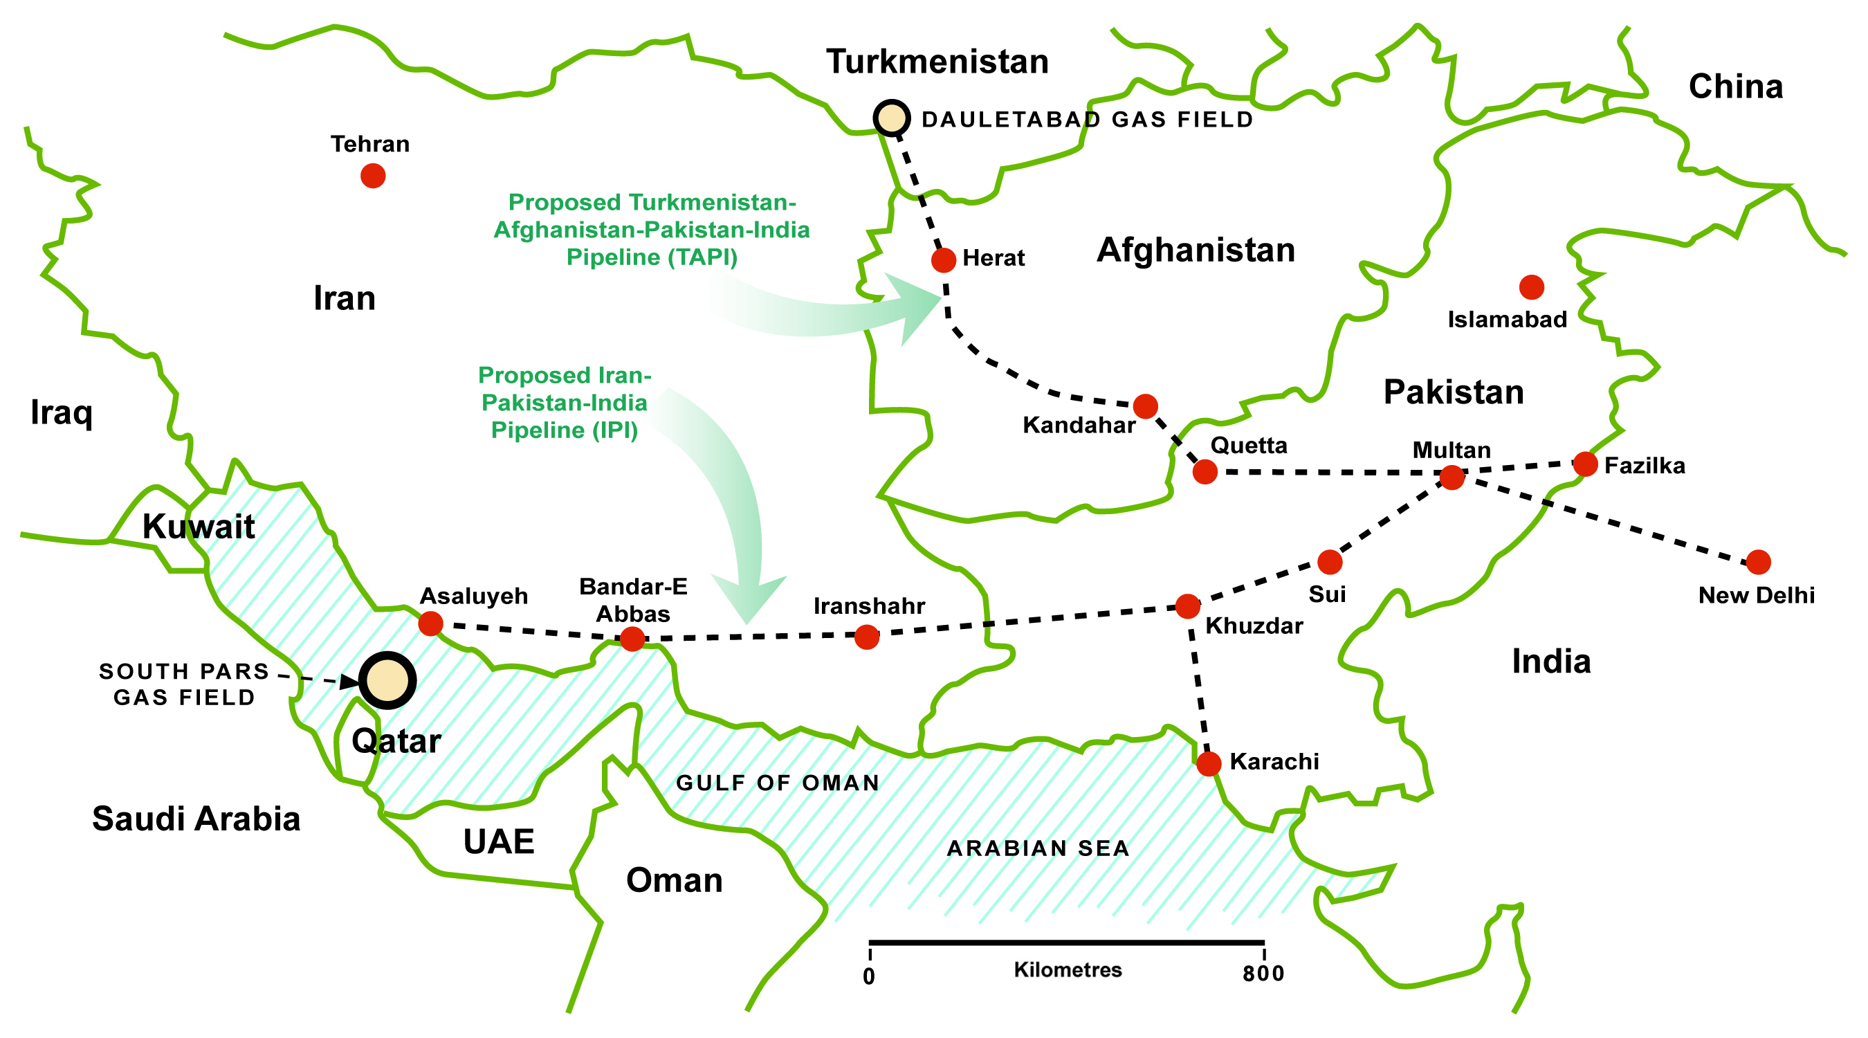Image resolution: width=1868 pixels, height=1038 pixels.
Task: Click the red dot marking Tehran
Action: (373, 176)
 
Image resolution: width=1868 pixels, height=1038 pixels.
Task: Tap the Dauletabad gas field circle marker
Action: (891, 118)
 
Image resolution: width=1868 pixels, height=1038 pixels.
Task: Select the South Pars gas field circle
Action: (388, 680)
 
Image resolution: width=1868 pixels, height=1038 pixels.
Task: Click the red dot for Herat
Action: (944, 259)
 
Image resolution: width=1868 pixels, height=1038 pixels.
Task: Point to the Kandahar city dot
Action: (1145, 406)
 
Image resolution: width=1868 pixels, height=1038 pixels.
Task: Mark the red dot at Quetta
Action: (1205, 471)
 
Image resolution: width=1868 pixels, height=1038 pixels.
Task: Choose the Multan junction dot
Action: (1452, 477)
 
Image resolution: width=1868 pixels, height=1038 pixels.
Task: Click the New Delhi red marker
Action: (1758, 561)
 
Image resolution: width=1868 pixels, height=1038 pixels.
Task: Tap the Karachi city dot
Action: (1208, 763)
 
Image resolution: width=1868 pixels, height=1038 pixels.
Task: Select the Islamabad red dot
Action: (1532, 287)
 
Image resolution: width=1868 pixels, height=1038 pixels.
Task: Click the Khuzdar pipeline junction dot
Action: (1187, 605)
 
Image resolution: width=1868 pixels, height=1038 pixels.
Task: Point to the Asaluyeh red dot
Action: (431, 623)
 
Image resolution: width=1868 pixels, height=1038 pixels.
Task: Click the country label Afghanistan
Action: (1195, 251)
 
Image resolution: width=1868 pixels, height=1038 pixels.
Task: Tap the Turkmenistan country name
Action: (937, 62)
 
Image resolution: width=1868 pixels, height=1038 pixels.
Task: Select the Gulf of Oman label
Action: (778, 783)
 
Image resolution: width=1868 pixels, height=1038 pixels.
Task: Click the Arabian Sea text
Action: (1038, 848)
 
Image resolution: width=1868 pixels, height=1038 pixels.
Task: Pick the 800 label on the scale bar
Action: (1263, 974)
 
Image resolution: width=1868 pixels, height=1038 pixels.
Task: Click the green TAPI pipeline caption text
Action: (651, 229)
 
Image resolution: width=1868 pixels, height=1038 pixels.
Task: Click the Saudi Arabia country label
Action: (196, 819)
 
